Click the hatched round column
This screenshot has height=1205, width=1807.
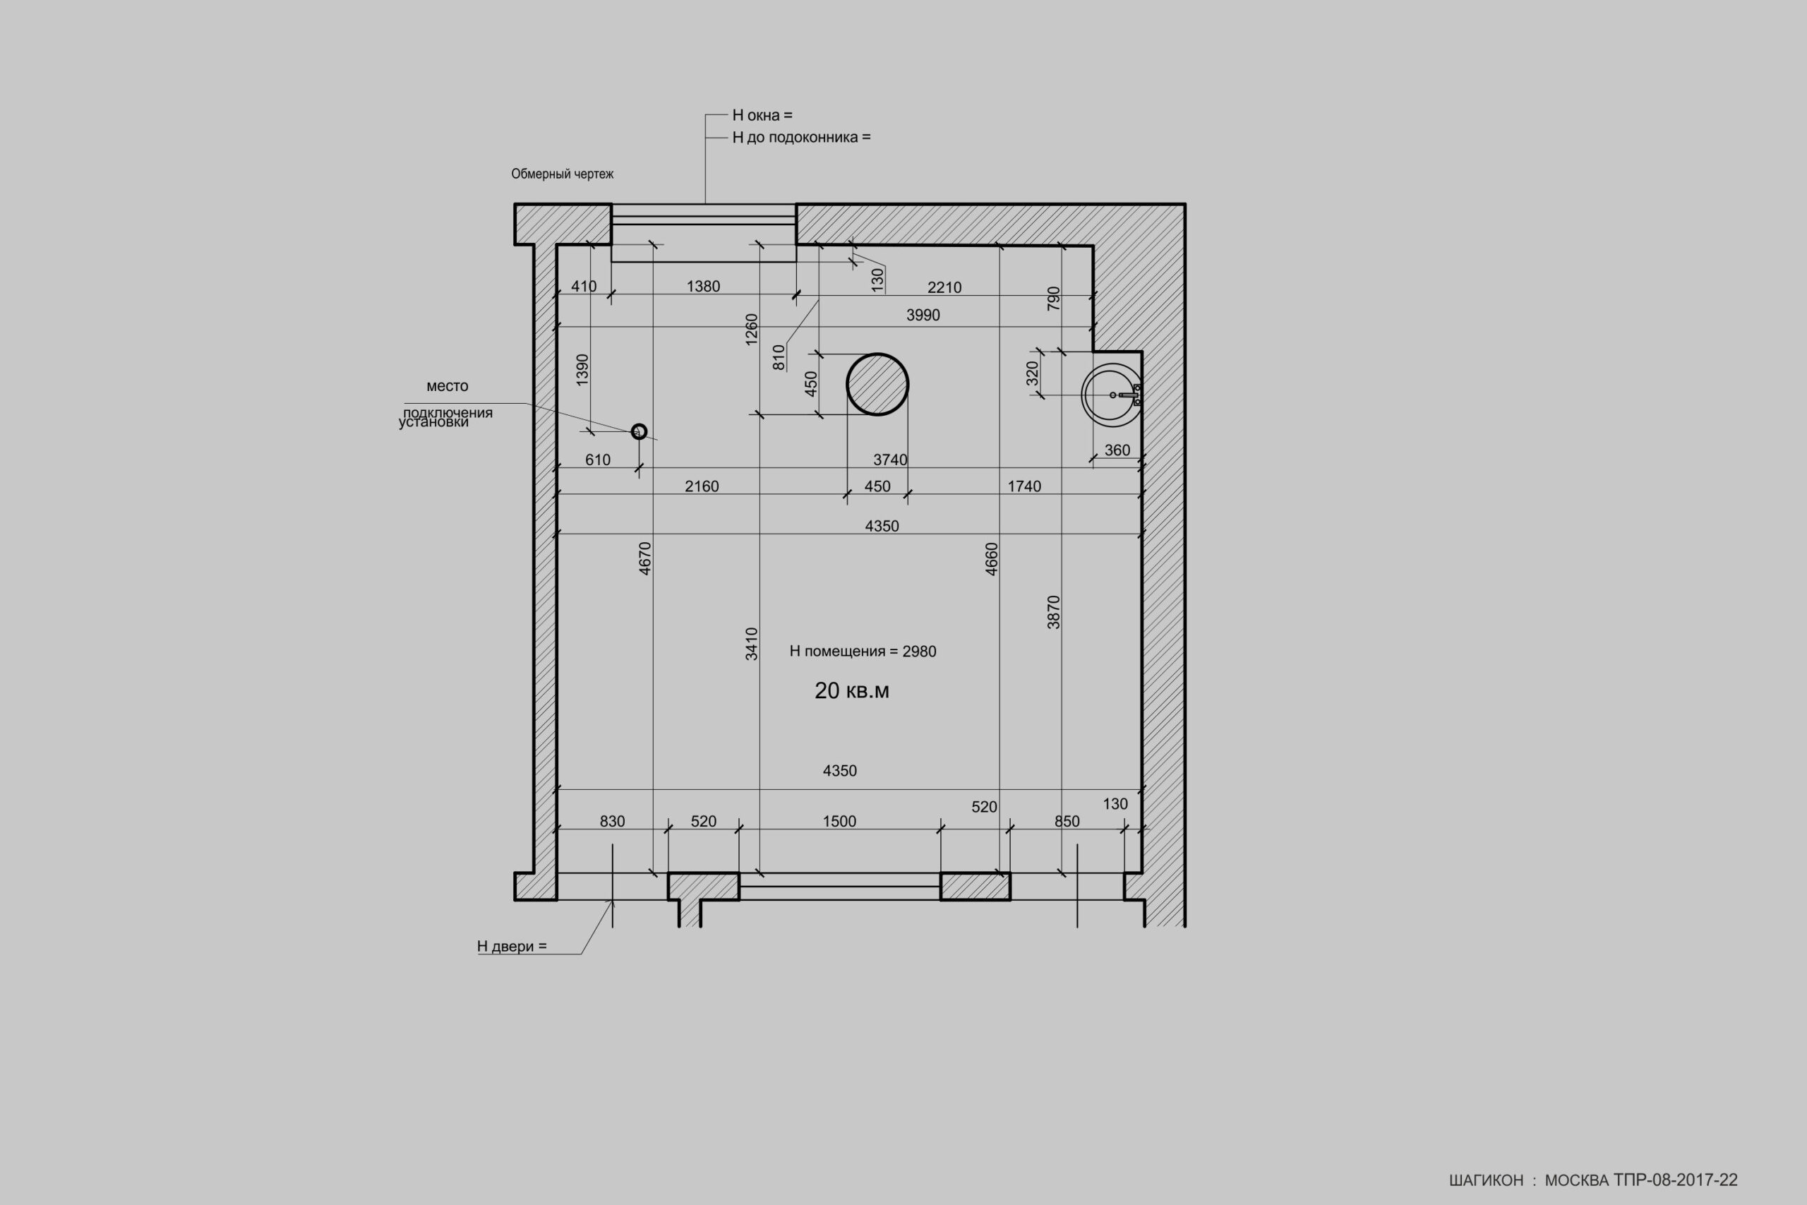(877, 384)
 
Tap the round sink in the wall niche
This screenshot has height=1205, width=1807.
(1111, 395)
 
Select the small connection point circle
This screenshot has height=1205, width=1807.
(638, 431)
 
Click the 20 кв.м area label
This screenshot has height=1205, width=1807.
(852, 691)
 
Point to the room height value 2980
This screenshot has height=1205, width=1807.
(919, 652)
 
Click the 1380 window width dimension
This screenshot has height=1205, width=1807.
(703, 287)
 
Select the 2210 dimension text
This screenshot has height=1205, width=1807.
(944, 287)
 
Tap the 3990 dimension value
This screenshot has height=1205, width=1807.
(923, 315)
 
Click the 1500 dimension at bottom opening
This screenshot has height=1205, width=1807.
(839, 822)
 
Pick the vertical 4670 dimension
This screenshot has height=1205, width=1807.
(645, 558)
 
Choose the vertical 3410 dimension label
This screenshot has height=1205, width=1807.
(752, 644)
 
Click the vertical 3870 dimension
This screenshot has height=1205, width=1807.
(1054, 613)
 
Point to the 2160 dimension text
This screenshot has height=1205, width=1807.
(702, 486)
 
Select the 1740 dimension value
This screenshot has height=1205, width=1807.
(1024, 486)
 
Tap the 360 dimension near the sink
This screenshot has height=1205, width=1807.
(1117, 450)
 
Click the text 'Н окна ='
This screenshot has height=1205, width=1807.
(762, 115)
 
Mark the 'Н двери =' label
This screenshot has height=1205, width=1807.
(512, 946)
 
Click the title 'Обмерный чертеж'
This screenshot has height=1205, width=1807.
(563, 174)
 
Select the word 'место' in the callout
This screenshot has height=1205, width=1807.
(447, 386)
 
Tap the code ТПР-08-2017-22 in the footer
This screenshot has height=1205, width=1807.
(1675, 1180)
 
